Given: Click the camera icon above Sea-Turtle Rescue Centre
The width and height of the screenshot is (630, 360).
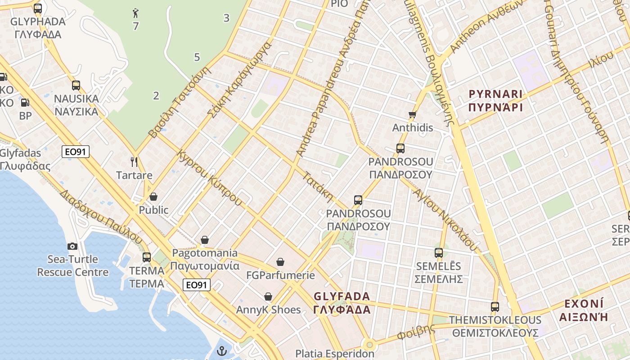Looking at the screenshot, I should (x=72, y=246).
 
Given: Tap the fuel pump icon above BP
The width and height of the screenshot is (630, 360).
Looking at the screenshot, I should (x=25, y=103).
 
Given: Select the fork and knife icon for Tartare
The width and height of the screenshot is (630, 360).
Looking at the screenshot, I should (x=134, y=162).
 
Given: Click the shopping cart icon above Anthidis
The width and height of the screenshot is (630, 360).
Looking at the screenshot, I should (x=412, y=115).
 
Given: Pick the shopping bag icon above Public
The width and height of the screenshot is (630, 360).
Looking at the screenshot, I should (x=153, y=197).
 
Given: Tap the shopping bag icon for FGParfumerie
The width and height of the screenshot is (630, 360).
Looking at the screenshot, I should (x=280, y=262).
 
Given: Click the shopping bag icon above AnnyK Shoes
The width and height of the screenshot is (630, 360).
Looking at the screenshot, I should (x=268, y=297).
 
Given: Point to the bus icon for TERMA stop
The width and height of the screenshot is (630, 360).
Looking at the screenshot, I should (x=147, y=257).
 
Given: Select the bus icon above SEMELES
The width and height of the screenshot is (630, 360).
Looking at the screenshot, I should (x=439, y=253).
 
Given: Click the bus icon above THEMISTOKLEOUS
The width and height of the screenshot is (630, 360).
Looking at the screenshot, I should (x=495, y=307).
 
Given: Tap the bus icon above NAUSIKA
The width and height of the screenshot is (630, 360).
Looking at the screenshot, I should (x=76, y=85).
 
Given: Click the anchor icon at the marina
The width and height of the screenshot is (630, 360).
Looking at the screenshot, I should (x=221, y=351).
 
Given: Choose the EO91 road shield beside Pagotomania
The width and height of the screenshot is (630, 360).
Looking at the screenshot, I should (x=197, y=285).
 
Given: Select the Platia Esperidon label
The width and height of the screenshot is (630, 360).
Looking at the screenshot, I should (x=335, y=354).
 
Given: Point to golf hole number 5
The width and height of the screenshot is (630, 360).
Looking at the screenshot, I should (x=197, y=57).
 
